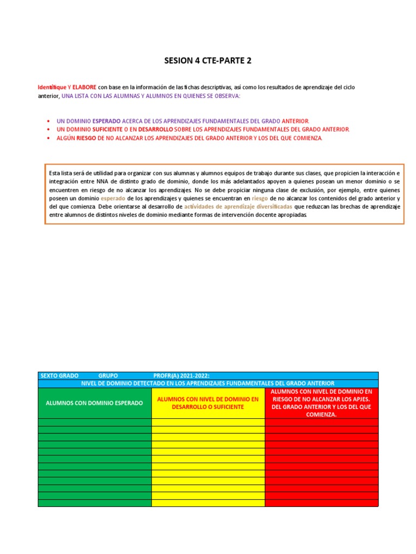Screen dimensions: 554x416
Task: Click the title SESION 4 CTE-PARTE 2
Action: pos(208,61)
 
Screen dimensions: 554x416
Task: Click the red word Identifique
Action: pos(51,87)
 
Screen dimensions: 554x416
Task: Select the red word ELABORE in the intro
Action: pos(84,87)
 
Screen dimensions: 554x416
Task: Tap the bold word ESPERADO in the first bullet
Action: pos(107,121)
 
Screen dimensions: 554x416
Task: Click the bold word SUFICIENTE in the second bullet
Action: pos(107,130)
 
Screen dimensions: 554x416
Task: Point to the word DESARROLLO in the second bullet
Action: pos(155,130)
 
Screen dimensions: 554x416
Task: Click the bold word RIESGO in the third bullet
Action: pos(87,138)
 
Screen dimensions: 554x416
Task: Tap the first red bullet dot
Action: pos(49,121)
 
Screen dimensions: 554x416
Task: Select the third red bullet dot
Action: pos(49,138)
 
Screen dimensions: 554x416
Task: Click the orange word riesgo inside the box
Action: pos(259,199)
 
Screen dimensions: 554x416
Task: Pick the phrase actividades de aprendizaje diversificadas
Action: pos(238,207)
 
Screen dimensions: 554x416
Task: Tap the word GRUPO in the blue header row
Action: pos(108,375)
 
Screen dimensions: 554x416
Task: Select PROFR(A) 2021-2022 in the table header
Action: pos(181,375)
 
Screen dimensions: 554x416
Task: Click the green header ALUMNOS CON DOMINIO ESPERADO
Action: pos(94,403)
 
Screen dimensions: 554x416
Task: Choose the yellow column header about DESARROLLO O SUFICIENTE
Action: pos(208,403)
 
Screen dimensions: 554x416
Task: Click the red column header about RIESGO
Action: pos(321,403)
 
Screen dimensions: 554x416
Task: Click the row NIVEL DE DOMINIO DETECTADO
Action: pos(208,383)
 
